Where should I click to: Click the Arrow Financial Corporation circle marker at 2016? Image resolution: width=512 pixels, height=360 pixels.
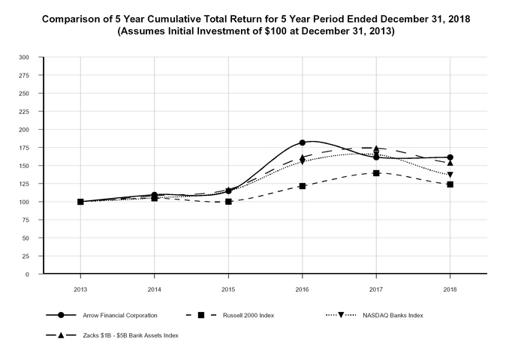tap(302, 142)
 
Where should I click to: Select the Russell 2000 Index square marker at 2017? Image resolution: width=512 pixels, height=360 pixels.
tap(376, 172)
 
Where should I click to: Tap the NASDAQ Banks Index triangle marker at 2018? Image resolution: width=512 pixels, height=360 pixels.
tap(450, 175)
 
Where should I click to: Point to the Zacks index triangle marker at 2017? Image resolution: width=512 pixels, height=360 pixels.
tap(376, 148)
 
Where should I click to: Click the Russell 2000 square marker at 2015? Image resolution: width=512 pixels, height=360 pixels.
tap(228, 202)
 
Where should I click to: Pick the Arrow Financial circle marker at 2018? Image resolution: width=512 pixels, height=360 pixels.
tap(450, 157)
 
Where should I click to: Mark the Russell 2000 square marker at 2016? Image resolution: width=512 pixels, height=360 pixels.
tap(302, 186)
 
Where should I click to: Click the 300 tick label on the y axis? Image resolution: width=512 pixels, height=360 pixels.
tap(24, 57)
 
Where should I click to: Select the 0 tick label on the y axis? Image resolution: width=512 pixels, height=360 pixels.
tap(27, 274)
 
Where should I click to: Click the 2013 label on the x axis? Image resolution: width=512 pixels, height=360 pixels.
tap(80, 288)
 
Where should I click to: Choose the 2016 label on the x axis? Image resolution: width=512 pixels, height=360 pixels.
tap(302, 288)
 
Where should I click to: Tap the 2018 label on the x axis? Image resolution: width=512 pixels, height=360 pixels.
tap(450, 288)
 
